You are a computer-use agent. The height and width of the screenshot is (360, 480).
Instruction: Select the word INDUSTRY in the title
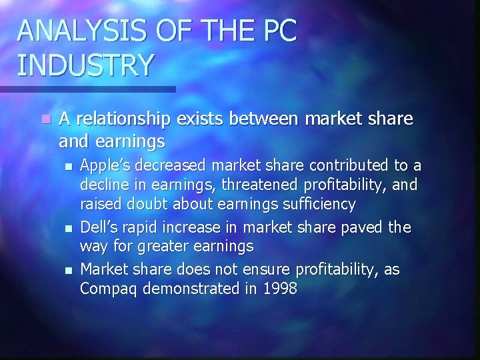point(87,65)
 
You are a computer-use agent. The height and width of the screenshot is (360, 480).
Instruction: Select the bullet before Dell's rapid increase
point(67,229)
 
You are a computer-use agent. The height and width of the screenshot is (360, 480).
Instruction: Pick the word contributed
point(356,165)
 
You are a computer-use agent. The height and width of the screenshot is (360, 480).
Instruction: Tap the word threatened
point(261,184)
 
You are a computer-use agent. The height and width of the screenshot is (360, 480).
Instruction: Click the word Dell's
point(98,228)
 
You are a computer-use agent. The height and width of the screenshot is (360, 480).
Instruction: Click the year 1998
point(280,289)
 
